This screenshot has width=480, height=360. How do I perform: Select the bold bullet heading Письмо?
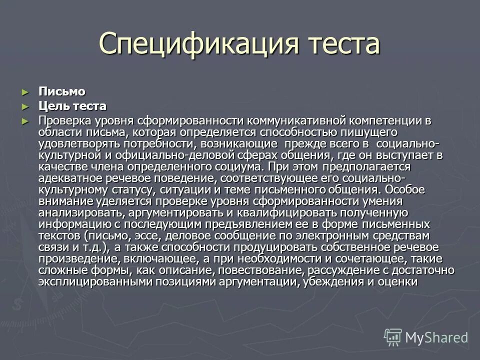[62, 91]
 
